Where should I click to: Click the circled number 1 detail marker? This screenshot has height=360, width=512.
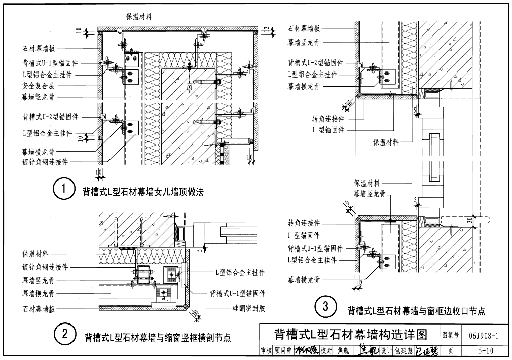click(63, 190)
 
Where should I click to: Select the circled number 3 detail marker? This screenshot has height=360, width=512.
click(324, 306)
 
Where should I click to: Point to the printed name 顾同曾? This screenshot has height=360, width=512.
click(283, 350)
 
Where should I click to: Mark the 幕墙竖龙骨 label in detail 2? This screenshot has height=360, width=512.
click(38, 280)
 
